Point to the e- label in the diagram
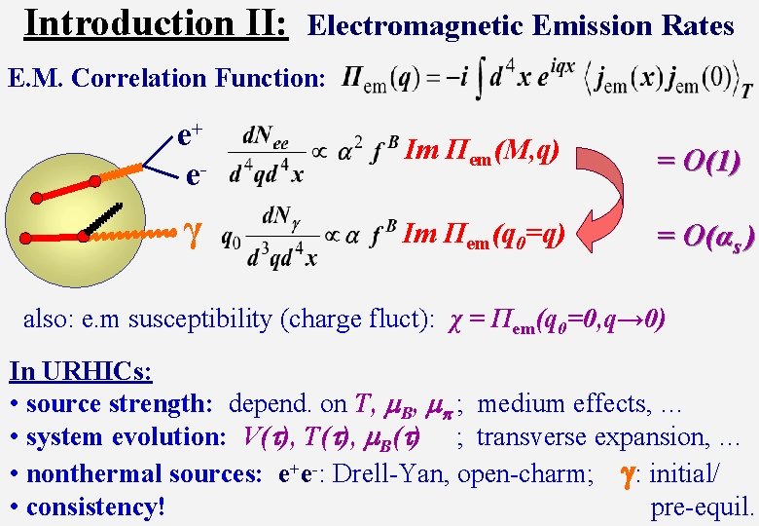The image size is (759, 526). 196,176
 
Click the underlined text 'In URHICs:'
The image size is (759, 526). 81,371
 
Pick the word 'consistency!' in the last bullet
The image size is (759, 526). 95,507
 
